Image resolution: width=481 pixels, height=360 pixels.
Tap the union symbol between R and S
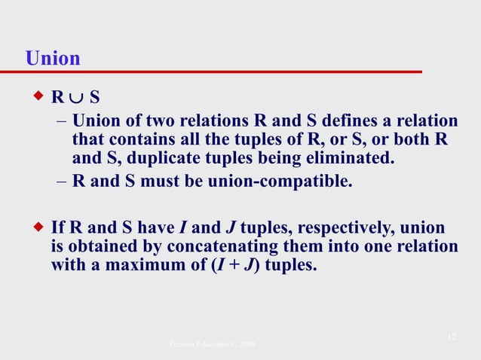(76, 98)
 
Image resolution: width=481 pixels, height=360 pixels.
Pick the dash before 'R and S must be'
(61, 181)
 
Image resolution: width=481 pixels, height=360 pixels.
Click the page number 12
(451, 336)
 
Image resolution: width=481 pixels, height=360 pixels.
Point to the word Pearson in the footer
(185, 344)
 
